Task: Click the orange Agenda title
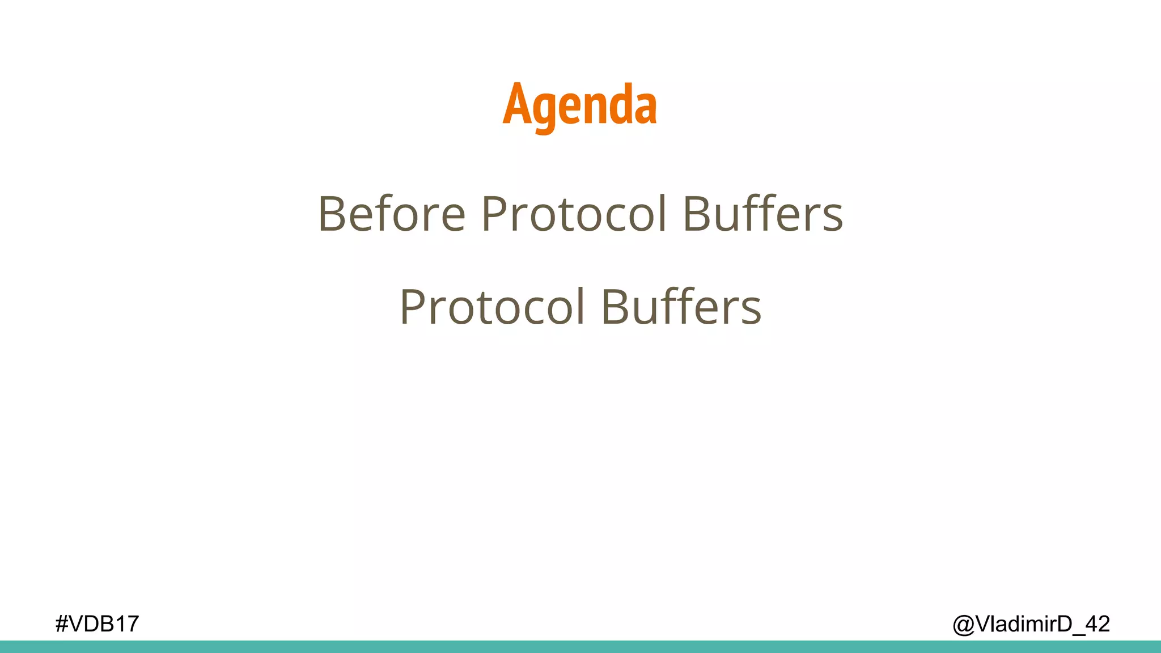579,104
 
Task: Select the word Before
392,214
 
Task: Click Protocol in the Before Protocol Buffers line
574,214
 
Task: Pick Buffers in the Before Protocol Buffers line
763,214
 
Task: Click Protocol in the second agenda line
491,307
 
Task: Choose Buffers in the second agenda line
681,307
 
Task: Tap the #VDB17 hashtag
97,624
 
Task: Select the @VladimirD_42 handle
1031,624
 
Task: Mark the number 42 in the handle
1098,624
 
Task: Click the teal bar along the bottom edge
580,647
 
